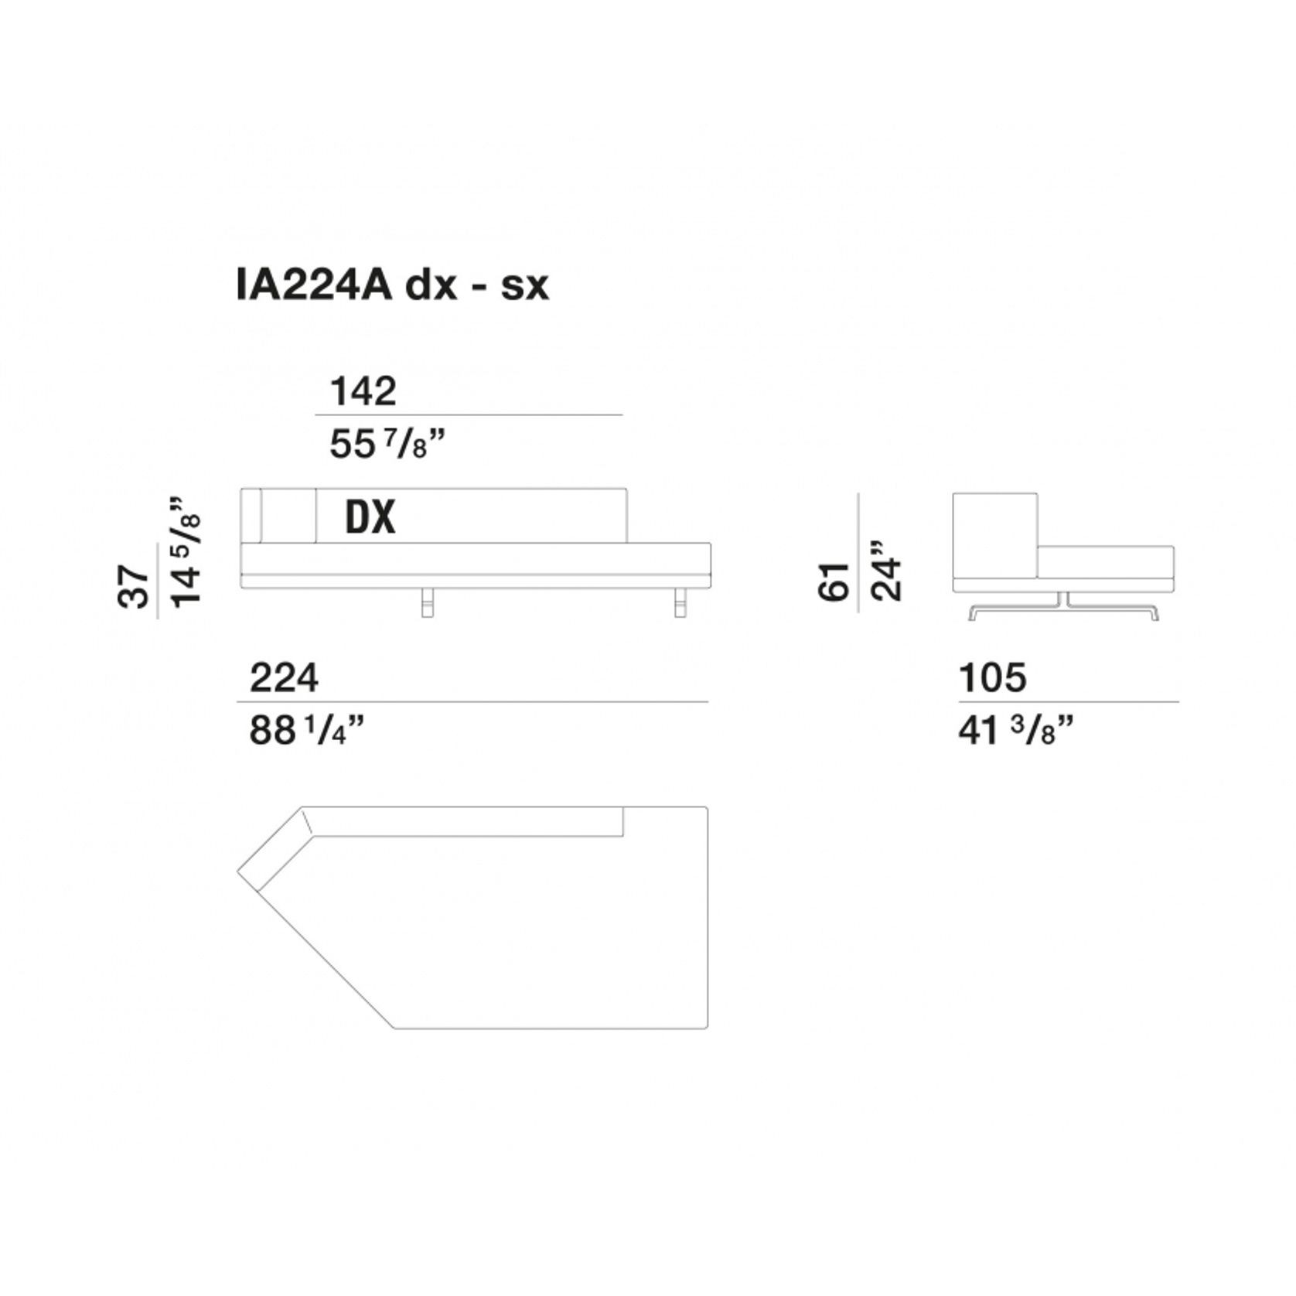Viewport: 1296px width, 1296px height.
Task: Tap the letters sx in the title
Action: [525, 286]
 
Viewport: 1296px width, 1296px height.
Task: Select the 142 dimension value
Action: [363, 391]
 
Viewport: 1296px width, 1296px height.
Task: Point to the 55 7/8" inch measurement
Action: [387, 445]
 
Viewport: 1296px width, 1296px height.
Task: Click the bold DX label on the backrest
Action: [370, 517]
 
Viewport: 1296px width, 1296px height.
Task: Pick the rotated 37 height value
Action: [134, 587]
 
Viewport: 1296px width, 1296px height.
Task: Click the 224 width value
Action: [284, 678]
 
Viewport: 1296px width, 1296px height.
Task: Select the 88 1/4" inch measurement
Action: [306, 730]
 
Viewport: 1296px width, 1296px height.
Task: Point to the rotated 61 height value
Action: [834, 581]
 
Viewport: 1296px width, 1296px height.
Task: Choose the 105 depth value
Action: [993, 678]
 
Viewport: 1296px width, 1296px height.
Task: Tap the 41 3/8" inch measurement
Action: [1016, 730]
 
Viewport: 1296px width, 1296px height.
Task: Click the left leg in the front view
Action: [428, 603]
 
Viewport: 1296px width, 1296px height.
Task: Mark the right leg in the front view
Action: [680, 603]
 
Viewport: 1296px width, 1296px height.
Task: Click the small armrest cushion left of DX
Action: [288, 515]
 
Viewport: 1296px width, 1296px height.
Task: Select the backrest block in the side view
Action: [994, 535]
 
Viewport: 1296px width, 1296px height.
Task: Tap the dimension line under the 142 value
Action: [469, 415]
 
